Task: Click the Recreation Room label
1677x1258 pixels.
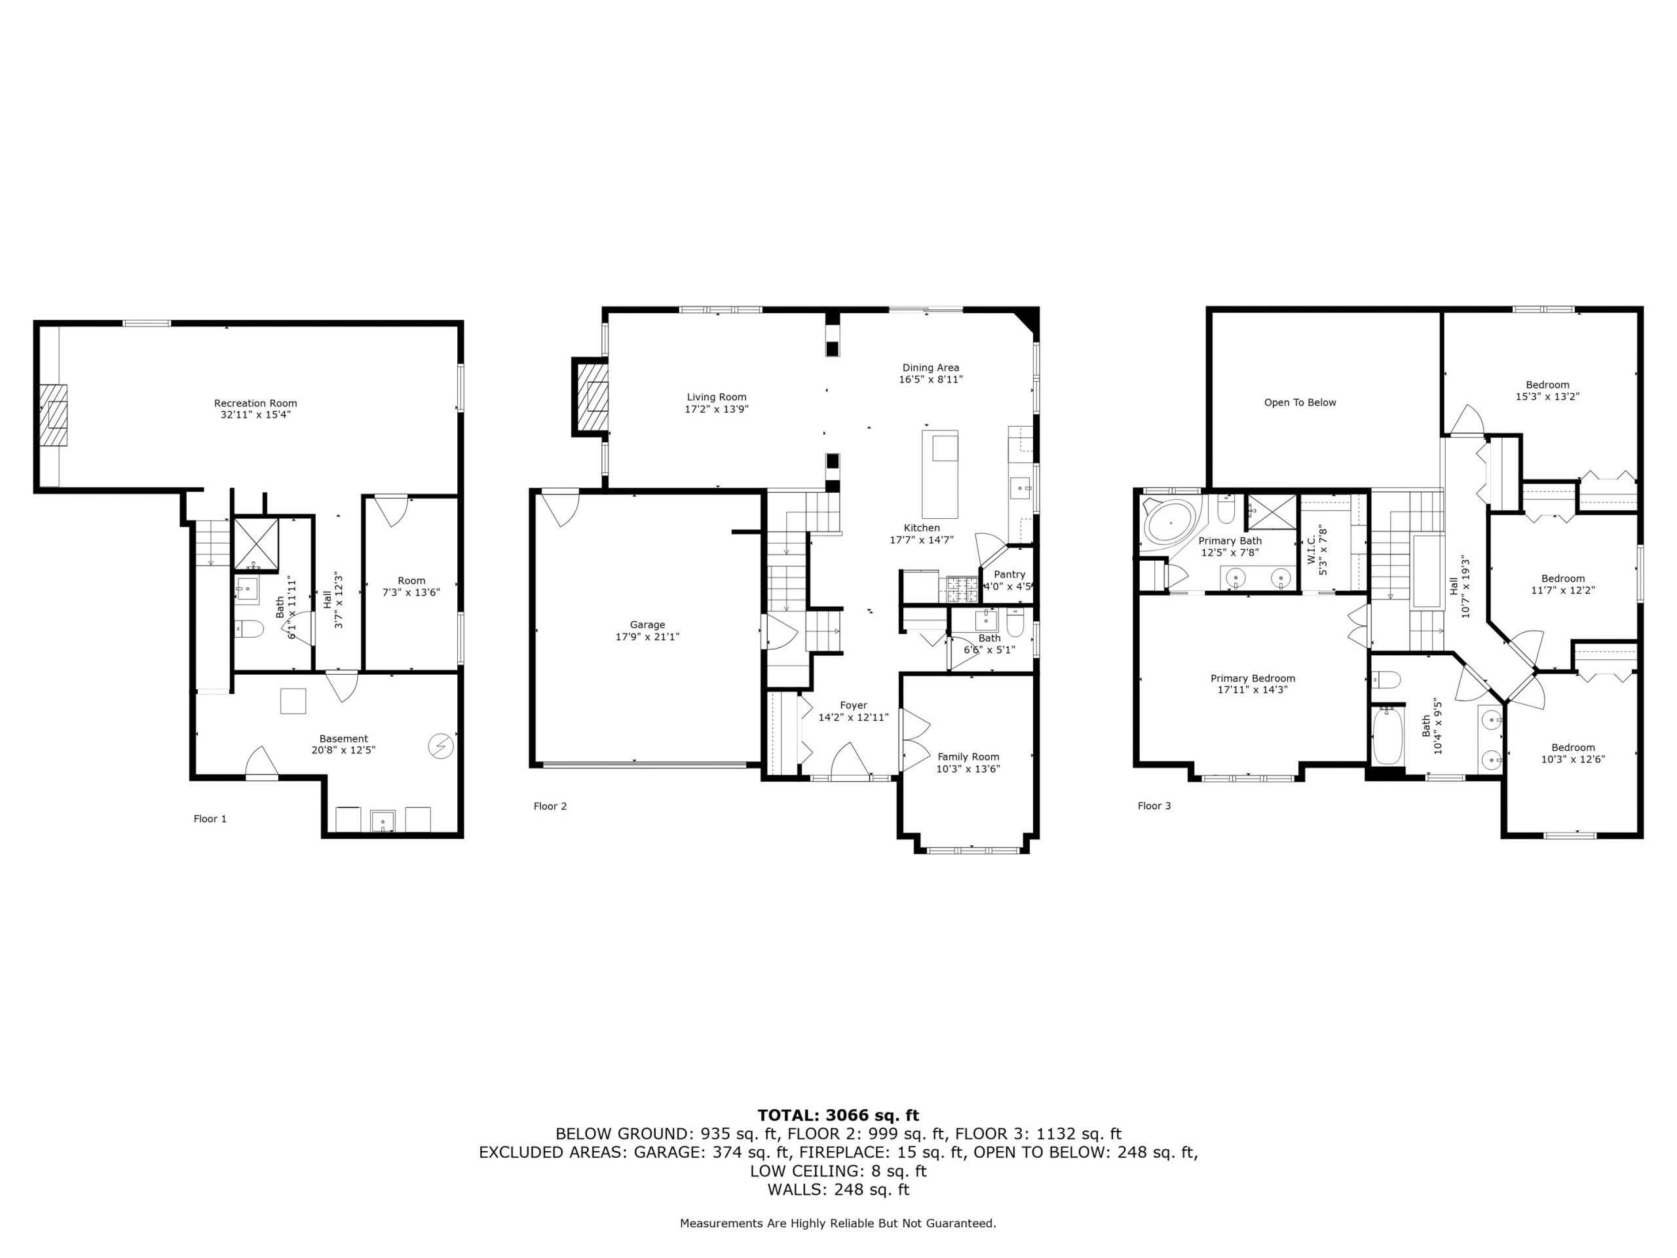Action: tap(255, 404)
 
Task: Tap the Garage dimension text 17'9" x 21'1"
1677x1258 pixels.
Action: tap(647, 637)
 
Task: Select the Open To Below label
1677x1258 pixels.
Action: tap(1300, 403)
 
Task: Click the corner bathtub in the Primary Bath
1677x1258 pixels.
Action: tap(1171, 522)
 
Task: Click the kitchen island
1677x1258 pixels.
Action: tap(939, 474)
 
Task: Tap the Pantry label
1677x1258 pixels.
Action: tap(1010, 575)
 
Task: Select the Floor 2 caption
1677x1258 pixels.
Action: tap(550, 806)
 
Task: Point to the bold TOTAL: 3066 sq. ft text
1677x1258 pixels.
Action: tap(838, 1115)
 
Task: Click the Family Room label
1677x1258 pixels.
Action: tap(968, 757)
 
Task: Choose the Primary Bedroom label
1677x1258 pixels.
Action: tap(1253, 679)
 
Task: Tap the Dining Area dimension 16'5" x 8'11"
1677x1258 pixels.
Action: tap(931, 379)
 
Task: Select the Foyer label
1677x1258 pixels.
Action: tap(854, 705)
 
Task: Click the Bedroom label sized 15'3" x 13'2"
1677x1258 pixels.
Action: tap(1547, 385)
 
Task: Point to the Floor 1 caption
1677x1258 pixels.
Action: tap(210, 819)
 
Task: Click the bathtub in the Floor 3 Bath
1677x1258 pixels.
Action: tap(1388, 736)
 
